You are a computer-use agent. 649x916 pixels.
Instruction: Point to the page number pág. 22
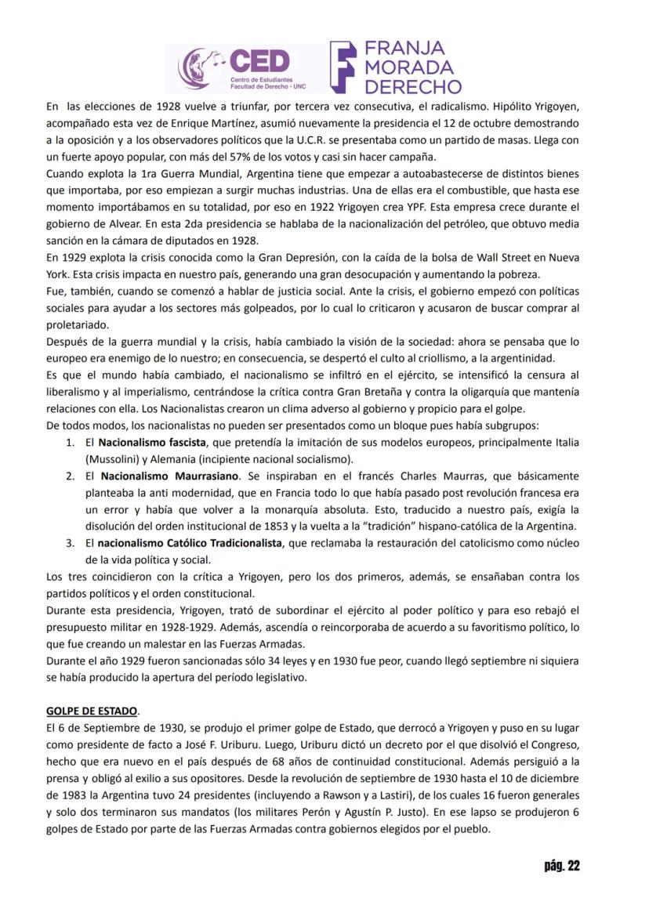[561, 865]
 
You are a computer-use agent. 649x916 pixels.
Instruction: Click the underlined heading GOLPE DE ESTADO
[92, 711]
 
